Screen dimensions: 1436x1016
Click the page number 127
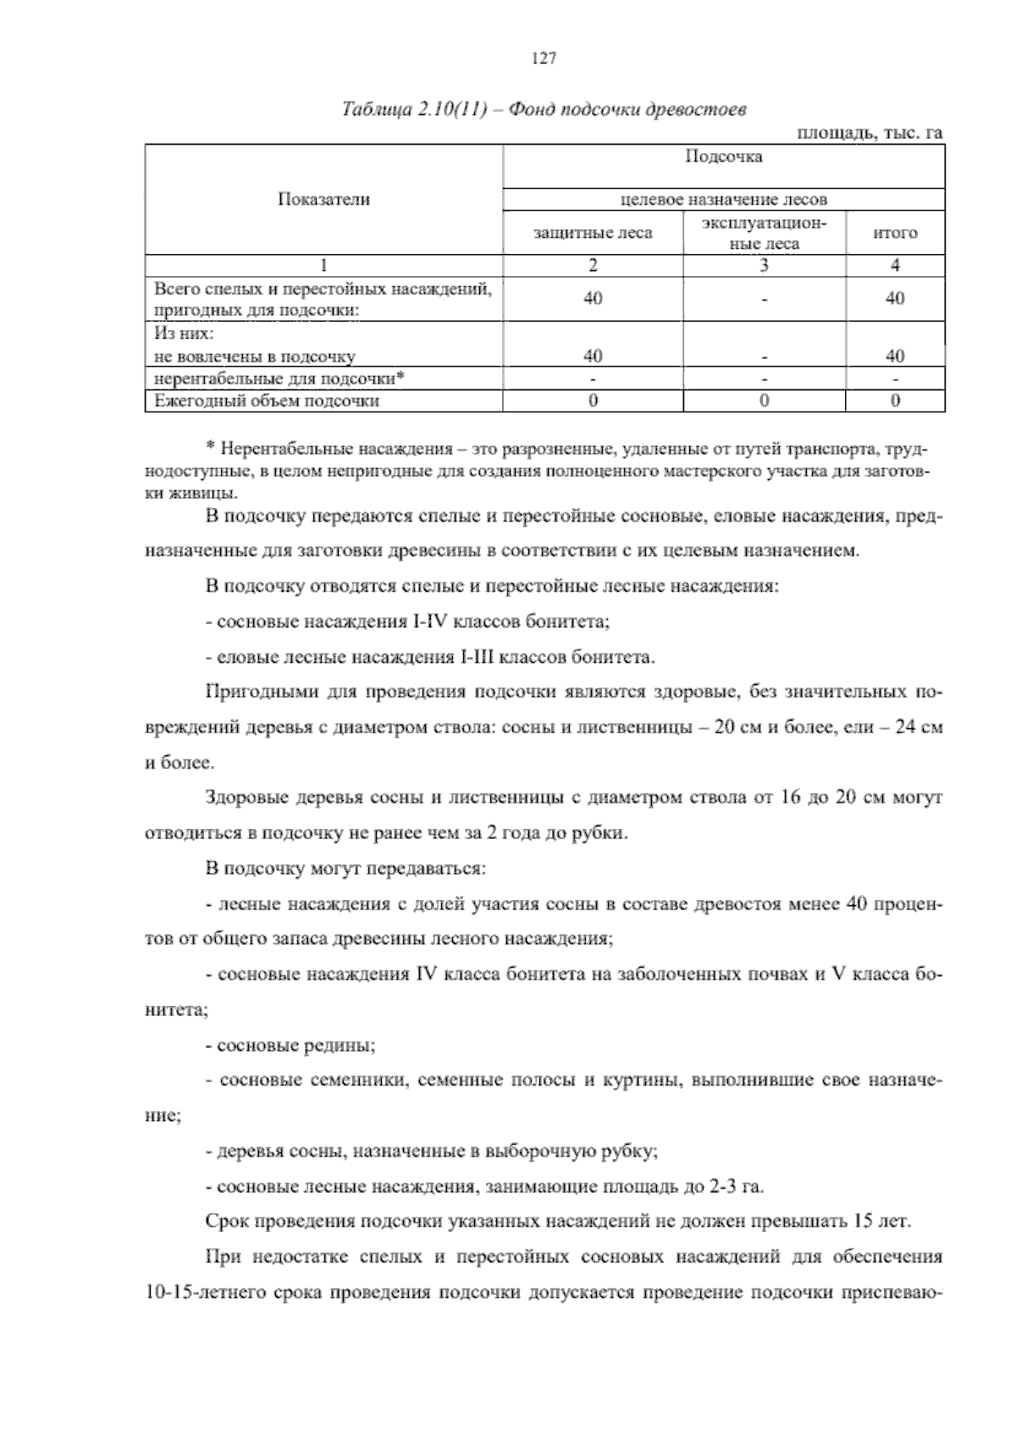[x=543, y=58]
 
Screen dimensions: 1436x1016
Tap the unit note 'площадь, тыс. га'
[x=870, y=133]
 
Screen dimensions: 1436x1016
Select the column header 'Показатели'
[x=323, y=199]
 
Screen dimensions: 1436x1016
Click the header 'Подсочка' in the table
[x=723, y=157]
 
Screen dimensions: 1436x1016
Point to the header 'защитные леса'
[x=592, y=232]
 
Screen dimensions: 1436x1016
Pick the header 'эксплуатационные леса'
[x=764, y=232]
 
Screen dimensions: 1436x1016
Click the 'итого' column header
[x=895, y=232]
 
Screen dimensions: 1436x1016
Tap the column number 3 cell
[x=764, y=265]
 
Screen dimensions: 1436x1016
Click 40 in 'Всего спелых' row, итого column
[x=895, y=298]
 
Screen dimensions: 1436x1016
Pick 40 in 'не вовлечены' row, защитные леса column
[x=593, y=356]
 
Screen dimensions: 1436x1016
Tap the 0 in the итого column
[x=895, y=400]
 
